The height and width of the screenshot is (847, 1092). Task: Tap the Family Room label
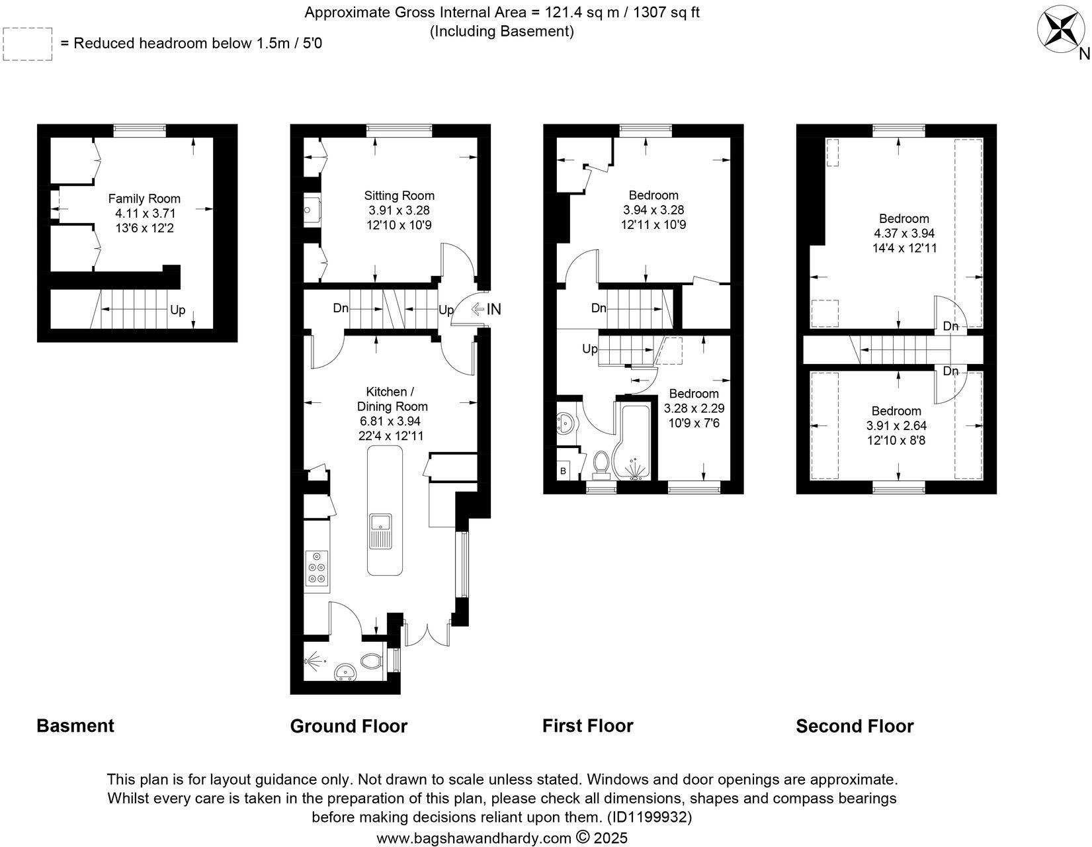coord(144,199)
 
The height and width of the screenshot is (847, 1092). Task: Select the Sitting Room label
coord(399,195)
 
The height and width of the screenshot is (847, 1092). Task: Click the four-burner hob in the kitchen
coord(317,568)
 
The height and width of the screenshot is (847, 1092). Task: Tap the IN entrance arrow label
coord(493,309)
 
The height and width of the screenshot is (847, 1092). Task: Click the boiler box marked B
coord(563,471)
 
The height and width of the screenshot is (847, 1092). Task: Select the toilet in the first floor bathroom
coord(602,465)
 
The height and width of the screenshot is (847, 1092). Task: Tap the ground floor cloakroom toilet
coord(372,660)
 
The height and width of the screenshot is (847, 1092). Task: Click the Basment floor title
coord(75,726)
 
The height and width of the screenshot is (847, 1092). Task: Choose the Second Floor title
coord(855,727)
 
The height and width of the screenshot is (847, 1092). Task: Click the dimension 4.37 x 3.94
coord(904,234)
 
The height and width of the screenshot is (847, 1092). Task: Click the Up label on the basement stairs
coord(177,309)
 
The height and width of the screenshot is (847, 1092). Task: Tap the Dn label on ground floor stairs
coord(341,308)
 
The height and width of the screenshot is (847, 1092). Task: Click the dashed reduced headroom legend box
coord(28,44)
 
